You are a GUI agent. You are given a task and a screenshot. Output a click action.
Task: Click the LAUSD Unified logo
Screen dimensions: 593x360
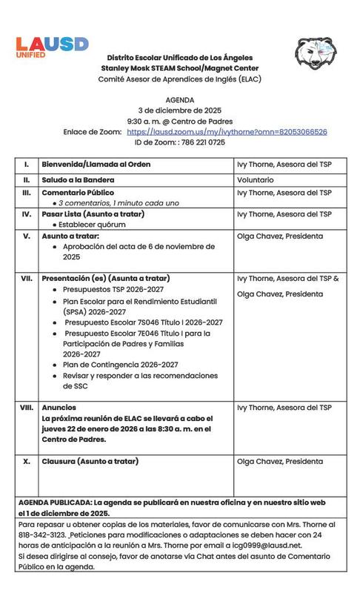pos(52,46)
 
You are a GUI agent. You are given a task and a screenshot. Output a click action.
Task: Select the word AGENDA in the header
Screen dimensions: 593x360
pos(181,99)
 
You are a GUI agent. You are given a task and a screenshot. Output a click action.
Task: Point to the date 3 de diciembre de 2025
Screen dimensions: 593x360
pos(181,110)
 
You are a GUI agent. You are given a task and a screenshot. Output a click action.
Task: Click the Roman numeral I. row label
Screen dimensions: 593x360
pos(27,165)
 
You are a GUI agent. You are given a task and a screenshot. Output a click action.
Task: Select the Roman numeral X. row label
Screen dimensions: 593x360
pos(27,461)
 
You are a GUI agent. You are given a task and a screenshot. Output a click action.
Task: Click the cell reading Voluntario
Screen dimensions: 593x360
pos(256,179)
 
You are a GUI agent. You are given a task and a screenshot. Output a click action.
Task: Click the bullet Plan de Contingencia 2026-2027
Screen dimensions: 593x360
pos(120,365)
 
